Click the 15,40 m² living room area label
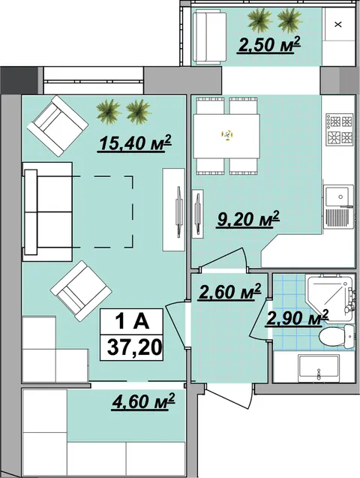tap(134, 143)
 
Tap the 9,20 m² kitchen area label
tap(248, 218)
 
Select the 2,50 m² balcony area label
tap(268, 45)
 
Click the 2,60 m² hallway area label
tap(229, 292)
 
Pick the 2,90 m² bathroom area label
tap(297, 318)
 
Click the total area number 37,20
tap(134, 347)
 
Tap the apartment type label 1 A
tap(132, 321)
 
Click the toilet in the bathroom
tap(337, 336)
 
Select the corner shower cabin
tap(329, 297)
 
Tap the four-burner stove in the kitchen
tap(339, 129)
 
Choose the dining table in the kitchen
tap(226, 136)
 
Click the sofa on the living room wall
tap(47, 212)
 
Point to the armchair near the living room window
tap(58, 126)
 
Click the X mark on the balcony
tap(337, 24)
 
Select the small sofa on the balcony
tap(209, 37)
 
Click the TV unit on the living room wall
tap(173, 209)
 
